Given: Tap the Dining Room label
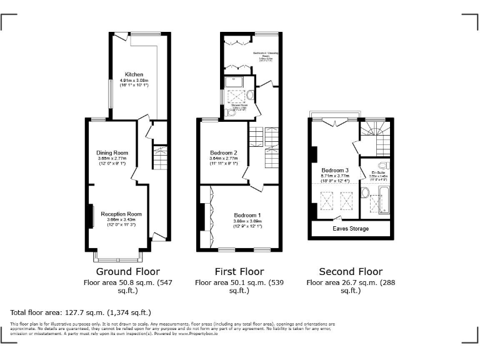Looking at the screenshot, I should click(112, 153).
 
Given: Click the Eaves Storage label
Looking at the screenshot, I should click(350, 229).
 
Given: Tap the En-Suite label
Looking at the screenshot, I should click(377, 172).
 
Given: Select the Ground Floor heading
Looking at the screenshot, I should click(127, 272).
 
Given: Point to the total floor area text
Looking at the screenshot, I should click(81, 312).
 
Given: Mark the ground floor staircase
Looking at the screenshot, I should click(160, 159).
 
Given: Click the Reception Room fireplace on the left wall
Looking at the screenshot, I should click(91, 214).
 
